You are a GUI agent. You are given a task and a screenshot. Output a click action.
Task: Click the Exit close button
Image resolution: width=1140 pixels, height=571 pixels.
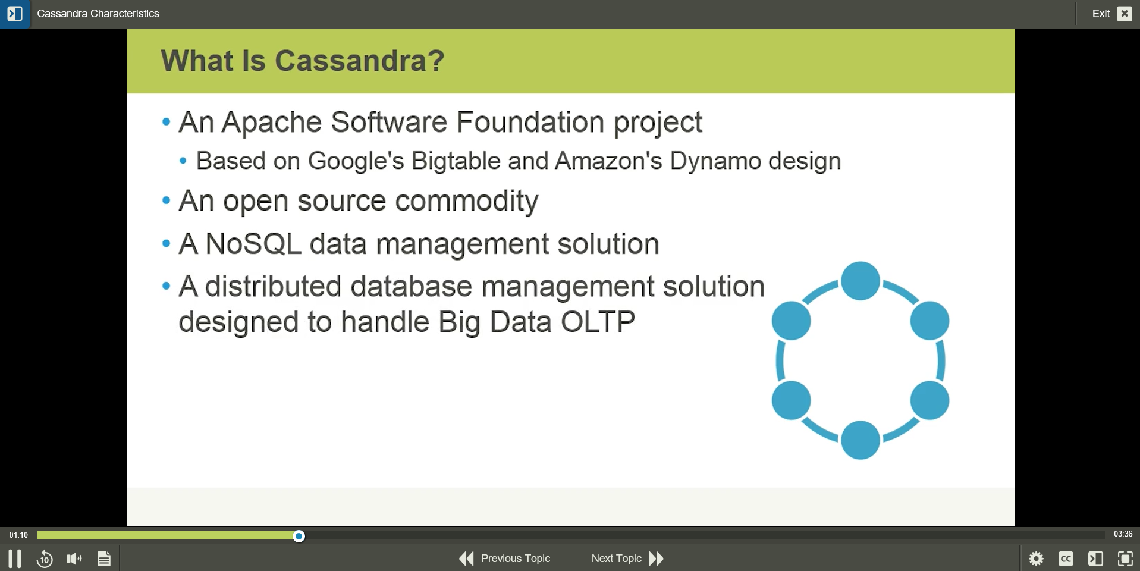pyautogui.click(x=1124, y=14)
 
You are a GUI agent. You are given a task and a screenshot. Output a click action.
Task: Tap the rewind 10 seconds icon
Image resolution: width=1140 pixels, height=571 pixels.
pyautogui.click(x=45, y=559)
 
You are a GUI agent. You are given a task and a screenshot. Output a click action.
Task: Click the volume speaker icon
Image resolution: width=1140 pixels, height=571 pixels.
pyautogui.click(x=74, y=559)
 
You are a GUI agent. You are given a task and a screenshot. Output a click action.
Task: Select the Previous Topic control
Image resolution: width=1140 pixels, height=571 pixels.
pyautogui.click(x=505, y=559)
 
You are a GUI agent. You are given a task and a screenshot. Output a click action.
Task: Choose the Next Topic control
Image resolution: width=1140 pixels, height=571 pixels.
pyautogui.click(x=627, y=559)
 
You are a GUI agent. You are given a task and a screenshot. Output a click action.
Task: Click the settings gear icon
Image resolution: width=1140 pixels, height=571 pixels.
pyautogui.click(x=1036, y=559)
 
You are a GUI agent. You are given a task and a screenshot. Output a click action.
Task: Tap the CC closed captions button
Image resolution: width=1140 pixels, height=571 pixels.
pyautogui.click(x=1066, y=559)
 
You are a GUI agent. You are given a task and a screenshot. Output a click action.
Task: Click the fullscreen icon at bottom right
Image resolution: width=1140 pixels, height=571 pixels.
pyautogui.click(x=1125, y=559)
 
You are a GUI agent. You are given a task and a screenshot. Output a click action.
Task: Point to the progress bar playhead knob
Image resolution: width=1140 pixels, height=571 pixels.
pyautogui.click(x=299, y=537)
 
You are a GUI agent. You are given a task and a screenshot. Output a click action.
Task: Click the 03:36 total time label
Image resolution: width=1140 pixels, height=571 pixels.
pyautogui.click(x=1123, y=534)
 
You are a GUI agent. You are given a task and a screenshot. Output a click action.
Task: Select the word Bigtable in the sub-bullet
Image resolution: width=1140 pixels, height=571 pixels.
pyautogui.click(x=456, y=161)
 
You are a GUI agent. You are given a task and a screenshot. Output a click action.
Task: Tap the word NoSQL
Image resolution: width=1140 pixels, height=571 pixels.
pyautogui.click(x=253, y=244)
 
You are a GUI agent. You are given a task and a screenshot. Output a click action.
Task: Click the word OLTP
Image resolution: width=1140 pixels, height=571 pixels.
pyautogui.click(x=598, y=322)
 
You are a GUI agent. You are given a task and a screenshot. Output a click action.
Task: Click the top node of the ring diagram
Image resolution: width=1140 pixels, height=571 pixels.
pyautogui.click(x=860, y=281)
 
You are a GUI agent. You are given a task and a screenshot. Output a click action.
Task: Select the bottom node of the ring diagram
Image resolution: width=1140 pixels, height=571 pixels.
pyautogui.click(x=860, y=440)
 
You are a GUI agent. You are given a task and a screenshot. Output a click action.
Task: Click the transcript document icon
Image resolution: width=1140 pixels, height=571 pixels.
pyautogui.click(x=104, y=559)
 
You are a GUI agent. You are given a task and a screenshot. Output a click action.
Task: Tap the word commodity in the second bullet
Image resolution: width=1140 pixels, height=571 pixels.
pyautogui.click(x=466, y=201)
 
